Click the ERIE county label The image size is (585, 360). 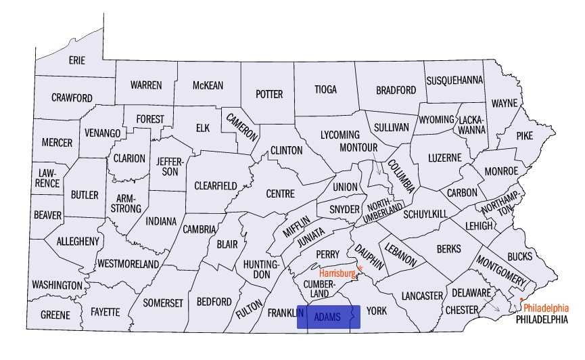[x=76, y=60]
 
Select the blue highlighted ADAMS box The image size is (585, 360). [x=329, y=317]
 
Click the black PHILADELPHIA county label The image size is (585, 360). [x=542, y=319]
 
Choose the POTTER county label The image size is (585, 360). [x=268, y=94]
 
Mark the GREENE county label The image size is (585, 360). [x=55, y=315]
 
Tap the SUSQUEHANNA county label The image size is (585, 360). [x=454, y=80]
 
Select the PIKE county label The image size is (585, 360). [x=524, y=135]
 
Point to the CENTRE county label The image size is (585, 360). [x=280, y=194]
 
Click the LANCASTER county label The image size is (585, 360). [x=421, y=296]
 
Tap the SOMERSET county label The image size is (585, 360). [x=163, y=303]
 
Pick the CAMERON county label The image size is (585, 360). [x=241, y=126]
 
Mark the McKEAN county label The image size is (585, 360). [x=208, y=85]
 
